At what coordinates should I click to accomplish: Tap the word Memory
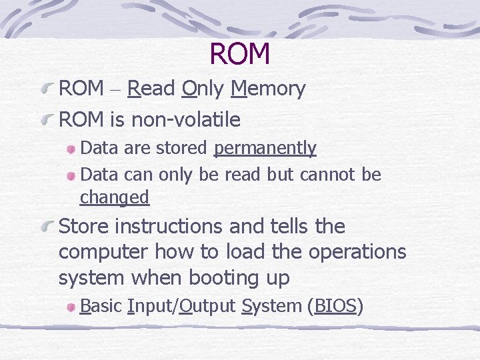pyautogui.click(x=268, y=88)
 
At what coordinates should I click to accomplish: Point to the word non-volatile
pyautogui.click(x=186, y=120)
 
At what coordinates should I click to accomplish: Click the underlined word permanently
pyautogui.click(x=265, y=148)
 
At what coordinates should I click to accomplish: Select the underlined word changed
pyautogui.click(x=114, y=197)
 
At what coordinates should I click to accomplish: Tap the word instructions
pyautogui.click(x=169, y=227)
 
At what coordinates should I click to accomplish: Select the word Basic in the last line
pyautogui.click(x=101, y=306)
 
